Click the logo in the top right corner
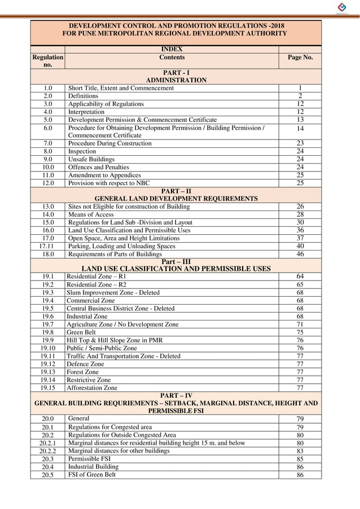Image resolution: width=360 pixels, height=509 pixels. [x=341, y=7]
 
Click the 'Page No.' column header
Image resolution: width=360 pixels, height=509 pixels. [x=300, y=58]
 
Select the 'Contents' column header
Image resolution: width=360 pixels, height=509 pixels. [x=172, y=58]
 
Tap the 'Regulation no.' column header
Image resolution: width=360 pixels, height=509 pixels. [x=48, y=61]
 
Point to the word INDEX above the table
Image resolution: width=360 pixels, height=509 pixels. [x=172, y=50]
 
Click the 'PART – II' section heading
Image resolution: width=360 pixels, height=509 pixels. [x=176, y=191]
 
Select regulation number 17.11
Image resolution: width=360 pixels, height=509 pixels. [x=48, y=247]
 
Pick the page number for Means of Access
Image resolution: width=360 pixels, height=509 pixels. [x=300, y=214]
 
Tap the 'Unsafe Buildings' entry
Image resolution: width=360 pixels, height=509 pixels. [x=91, y=160]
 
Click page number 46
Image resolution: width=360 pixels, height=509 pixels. [x=300, y=254]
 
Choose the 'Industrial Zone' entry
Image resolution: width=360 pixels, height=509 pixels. [x=87, y=317]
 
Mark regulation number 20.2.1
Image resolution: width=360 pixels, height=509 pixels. [x=48, y=444]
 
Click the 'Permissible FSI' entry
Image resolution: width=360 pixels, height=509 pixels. [x=89, y=459]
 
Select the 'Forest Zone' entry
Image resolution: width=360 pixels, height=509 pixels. [x=82, y=372]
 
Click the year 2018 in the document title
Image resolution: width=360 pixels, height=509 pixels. [x=276, y=26]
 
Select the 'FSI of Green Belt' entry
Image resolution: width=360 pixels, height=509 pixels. [x=92, y=475]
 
